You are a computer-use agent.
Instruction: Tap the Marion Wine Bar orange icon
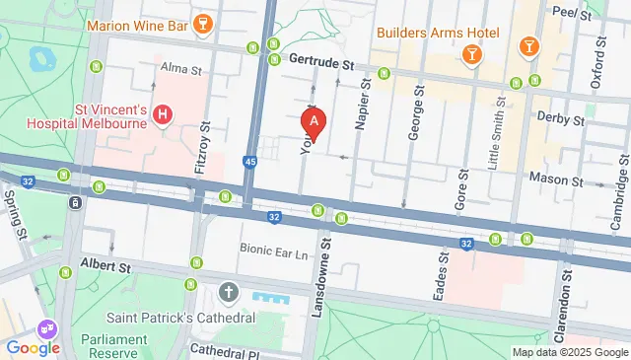tap(202, 23)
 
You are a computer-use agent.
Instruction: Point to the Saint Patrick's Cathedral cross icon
tap(229, 292)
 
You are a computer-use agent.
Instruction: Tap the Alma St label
tap(180, 69)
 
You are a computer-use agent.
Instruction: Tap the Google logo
tap(33, 347)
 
